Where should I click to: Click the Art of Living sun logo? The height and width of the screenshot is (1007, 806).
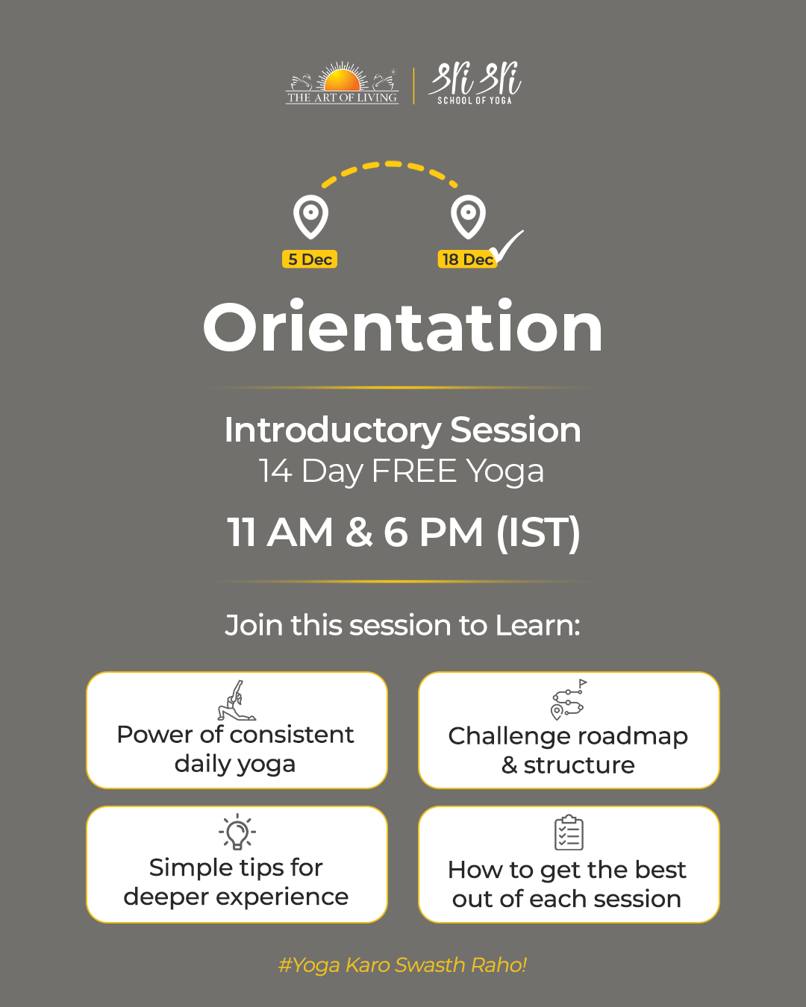click(x=342, y=83)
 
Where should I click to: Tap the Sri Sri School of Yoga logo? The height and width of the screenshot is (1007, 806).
click(x=475, y=83)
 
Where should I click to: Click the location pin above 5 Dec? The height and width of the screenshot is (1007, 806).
click(x=310, y=216)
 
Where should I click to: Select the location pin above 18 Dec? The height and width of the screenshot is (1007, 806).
click(x=468, y=216)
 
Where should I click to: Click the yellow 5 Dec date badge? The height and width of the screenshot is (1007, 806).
click(x=310, y=259)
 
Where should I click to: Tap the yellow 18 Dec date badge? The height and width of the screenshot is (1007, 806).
click(x=467, y=259)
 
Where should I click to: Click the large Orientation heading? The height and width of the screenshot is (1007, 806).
click(x=403, y=327)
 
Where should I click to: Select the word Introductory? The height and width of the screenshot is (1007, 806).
click(x=333, y=431)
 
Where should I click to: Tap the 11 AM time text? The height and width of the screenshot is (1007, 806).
click(x=280, y=532)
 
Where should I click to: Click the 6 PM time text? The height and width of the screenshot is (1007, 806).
click(x=433, y=532)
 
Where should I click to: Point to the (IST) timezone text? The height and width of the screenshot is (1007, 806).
click(x=538, y=533)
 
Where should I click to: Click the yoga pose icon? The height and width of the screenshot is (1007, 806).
click(x=237, y=700)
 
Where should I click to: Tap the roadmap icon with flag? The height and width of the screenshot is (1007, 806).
click(x=569, y=700)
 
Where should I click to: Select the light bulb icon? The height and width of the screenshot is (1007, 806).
click(x=237, y=832)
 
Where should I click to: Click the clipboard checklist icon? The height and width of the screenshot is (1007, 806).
click(x=569, y=832)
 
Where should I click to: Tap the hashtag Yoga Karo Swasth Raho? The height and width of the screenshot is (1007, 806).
click(x=403, y=965)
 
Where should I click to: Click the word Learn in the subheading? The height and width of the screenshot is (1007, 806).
click(x=537, y=625)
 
